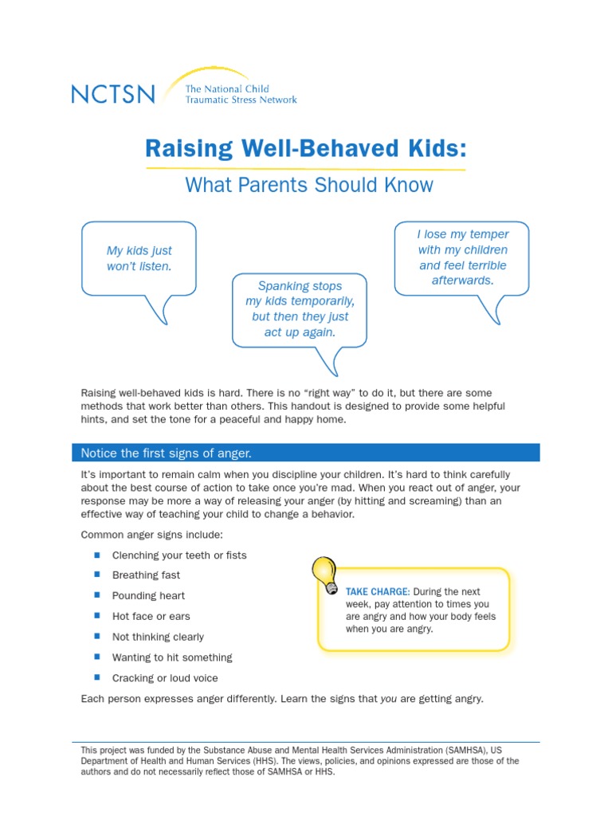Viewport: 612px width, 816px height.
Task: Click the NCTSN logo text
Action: click(113, 94)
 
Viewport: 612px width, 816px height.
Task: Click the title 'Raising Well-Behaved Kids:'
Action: click(305, 149)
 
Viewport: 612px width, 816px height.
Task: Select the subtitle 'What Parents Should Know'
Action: click(309, 185)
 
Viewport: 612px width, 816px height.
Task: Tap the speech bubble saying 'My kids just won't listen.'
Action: click(139, 258)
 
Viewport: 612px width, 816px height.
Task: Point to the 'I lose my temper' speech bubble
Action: click(462, 257)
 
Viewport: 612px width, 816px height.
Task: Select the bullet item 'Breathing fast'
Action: click(146, 575)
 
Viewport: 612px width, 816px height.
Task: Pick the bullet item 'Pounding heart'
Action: click(148, 596)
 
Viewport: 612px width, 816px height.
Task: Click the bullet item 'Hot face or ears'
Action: click(151, 617)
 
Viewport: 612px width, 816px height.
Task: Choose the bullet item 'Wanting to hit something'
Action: click(172, 658)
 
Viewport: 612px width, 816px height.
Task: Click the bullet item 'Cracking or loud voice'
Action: click(165, 679)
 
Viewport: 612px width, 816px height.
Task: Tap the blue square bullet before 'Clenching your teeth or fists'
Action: click(96, 555)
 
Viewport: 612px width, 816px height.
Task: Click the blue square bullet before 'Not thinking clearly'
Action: click(96, 637)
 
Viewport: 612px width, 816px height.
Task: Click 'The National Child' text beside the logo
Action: click(227, 89)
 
